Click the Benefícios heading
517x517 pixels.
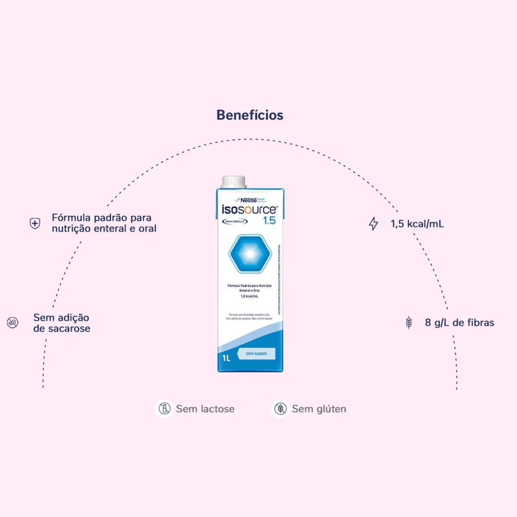point(250,115)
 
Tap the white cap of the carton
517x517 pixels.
point(234,181)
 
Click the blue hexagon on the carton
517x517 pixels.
point(250,254)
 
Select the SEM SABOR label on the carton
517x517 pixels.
point(256,354)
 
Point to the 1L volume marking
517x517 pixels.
point(227,358)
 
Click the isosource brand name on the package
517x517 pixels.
point(249,210)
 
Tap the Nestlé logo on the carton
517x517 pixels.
point(248,200)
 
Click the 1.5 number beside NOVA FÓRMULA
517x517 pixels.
point(269,221)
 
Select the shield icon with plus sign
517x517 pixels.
point(35,223)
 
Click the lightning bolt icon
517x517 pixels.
point(373,224)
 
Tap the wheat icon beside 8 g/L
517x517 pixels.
point(409,322)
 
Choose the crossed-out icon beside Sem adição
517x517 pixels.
point(13,322)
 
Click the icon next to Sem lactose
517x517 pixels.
point(164,408)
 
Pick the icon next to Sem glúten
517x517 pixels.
point(280,408)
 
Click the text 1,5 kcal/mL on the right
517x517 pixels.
point(417,224)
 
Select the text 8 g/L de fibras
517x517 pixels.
point(459,323)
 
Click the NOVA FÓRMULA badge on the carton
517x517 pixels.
point(235,221)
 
